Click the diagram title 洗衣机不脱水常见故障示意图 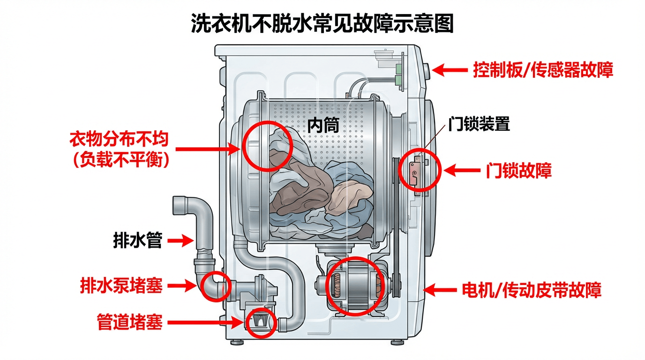pos(322,23)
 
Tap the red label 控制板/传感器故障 pos(543,70)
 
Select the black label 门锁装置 pos(479,125)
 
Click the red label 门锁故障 pos(518,171)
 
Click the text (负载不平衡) pos(120,160)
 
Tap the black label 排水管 pos(138,241)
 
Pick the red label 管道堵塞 pos(130,322)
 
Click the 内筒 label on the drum pos(323,124)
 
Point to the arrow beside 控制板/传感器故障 pos(450,70)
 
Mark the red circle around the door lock pos(420,171)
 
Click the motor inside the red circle pos(355,285)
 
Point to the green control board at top pos(399,75)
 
